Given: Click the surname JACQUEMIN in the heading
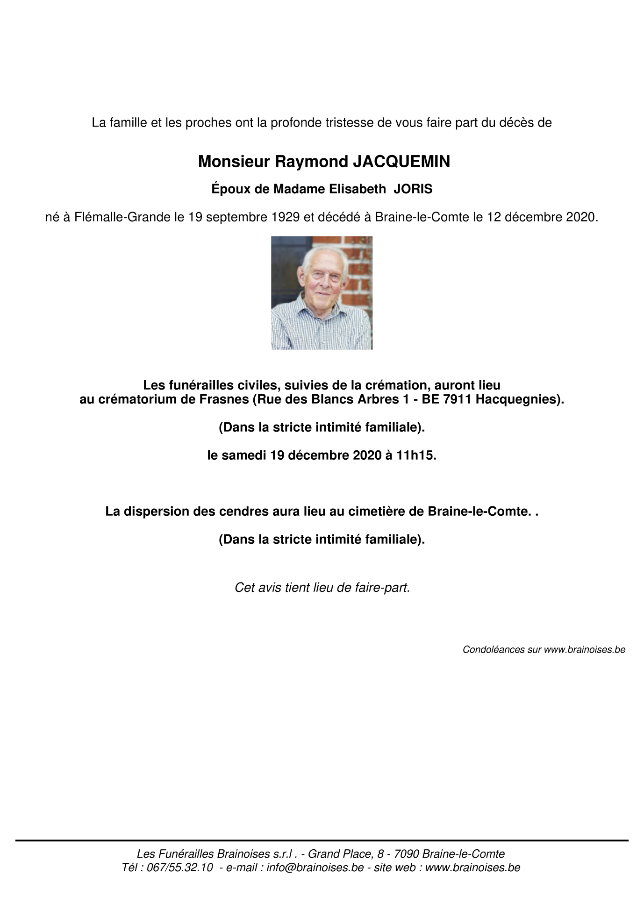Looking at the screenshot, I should click(401, 162).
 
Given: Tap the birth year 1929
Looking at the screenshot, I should click(285, 217).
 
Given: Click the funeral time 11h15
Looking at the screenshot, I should click(415, 455).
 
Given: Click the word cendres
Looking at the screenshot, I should click(246, 512).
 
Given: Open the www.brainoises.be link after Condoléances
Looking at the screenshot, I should click(584, 649).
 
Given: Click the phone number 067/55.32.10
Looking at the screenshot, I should click(180, 867).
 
